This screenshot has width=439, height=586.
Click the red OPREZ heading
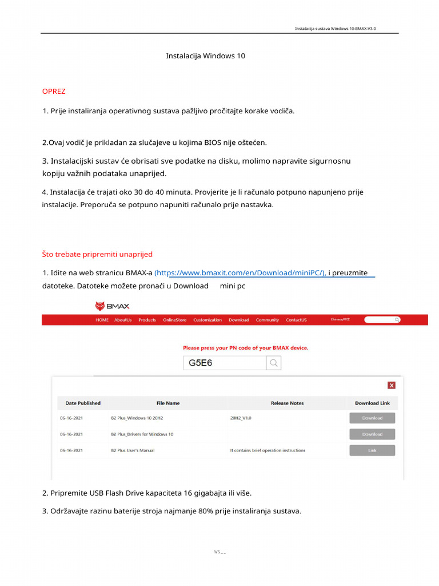coord(54,92)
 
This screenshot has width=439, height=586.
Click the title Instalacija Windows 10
coord(205,56)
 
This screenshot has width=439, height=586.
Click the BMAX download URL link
coord(241,273)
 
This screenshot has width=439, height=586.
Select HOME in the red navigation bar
coord(102,320)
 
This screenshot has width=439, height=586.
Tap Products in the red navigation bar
coord(147,320)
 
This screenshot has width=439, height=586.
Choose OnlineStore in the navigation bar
coord(174,320)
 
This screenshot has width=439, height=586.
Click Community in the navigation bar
coord(267,320)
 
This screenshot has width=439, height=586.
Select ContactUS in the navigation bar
coord(296,320)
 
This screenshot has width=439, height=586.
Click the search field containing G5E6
coord(225,363)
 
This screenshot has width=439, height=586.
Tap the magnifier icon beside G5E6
coord(274,363)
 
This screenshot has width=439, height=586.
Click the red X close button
coord(391,385)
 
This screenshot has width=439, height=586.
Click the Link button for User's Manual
coord(372,450)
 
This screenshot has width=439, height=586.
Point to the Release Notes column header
coord(287,403)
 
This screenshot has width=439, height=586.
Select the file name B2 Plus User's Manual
coord(133,450)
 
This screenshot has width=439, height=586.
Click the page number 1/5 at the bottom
coord(217,552)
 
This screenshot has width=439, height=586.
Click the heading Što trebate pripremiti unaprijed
coord(97,254)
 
